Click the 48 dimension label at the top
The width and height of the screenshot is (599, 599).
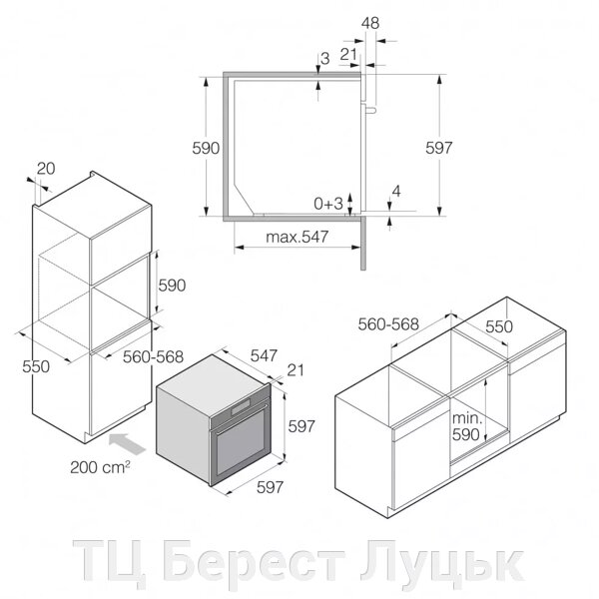370,23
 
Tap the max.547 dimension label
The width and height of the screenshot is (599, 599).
297,237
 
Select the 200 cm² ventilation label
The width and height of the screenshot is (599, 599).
100,467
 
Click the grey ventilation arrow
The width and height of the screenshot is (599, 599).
127,443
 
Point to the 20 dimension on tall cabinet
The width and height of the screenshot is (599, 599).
46,169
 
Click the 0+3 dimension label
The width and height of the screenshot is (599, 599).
328,204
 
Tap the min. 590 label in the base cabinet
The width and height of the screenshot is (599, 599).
467,426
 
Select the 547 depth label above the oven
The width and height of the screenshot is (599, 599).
264,355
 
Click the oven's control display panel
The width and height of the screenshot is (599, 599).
241,407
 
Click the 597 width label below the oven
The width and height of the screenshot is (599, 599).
271,487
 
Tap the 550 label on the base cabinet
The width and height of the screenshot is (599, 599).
499,326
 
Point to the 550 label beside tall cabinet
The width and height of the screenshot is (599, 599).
36,366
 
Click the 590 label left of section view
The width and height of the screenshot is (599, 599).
206,148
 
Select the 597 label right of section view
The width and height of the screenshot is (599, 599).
439,148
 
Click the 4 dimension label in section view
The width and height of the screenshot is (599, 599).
396,191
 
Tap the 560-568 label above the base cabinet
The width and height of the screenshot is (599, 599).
388,324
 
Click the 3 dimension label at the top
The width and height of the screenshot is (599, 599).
325,59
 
